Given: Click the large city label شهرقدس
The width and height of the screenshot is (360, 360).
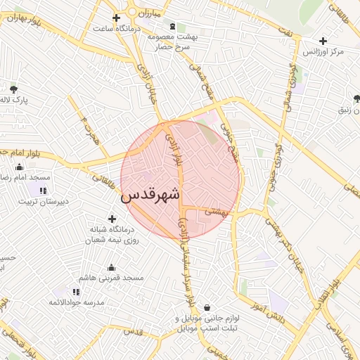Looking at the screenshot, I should click(150, 195).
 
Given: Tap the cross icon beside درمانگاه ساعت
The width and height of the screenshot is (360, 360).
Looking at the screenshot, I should click(117, 18).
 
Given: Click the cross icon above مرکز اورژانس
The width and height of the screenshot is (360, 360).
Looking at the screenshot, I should click(323, 41).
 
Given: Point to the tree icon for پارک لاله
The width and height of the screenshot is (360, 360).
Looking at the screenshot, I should click(13, 89).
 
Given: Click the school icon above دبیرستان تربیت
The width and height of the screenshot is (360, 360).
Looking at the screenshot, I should click(42, 190).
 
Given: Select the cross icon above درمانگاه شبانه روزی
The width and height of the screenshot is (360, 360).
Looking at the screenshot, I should click(112, 219).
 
